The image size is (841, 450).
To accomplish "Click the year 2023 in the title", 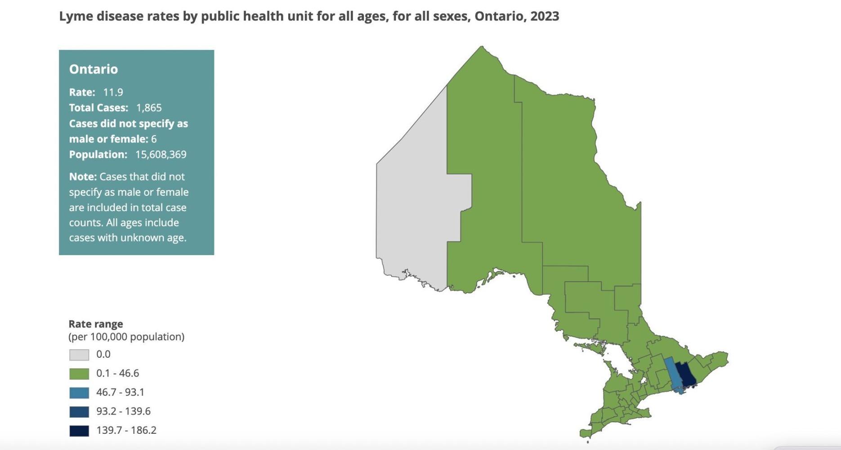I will (x=545, y=16).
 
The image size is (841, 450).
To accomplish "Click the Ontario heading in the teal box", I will (x=94, y=69).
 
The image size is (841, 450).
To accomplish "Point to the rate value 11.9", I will (x=113, y=92).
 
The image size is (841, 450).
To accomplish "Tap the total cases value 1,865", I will (x=149, y=108).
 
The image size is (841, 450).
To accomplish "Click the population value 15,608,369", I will (x=161, y=154).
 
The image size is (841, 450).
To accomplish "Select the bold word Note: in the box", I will (x=83, y=176).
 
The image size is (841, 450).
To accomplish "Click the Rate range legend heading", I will (x=96, y=324).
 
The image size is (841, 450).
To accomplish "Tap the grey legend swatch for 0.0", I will (x=79, y=355).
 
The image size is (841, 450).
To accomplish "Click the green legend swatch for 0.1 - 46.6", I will (x=79, y=373).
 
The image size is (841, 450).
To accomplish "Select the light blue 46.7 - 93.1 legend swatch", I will (x=79, y=392).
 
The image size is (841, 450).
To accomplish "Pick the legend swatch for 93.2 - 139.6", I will (x=79, y=411).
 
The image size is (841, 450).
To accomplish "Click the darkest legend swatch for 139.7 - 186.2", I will (x=79, y=431).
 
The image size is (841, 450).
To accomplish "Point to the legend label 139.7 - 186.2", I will (x=126, y=430).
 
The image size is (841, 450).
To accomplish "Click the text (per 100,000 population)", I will (x=126, y=337).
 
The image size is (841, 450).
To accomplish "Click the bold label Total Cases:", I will (x=98, y=108).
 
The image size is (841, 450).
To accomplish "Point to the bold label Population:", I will (x=98, y=154).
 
